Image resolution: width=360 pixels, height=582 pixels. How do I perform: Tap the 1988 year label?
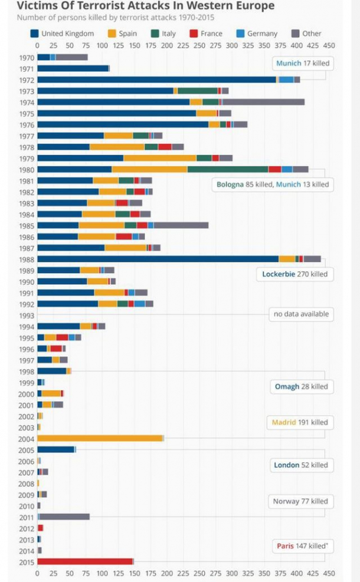(x=27, y=259)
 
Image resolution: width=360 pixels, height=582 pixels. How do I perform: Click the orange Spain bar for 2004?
(x=99, y=438)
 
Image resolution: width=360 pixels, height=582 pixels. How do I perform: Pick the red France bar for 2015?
(x=84, y=561)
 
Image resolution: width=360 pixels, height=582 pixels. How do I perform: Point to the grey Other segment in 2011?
(x=65, y=517)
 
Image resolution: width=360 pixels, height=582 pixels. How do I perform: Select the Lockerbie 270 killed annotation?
(x=294, y=274)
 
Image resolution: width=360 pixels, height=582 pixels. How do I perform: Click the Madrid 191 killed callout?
(x=299, y=422)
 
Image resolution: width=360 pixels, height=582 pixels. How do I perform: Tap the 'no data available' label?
(x=300, y=314)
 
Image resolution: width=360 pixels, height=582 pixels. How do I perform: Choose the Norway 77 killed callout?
(x=300, y=501)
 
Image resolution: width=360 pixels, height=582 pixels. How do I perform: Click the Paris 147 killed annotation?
(x=302, y=546)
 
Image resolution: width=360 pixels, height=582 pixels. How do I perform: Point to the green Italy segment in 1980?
(x=228, y=169)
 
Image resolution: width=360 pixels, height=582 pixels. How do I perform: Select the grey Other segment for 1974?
(x=263, y=102)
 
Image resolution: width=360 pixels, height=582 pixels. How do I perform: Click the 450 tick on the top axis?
(x=329, y=45)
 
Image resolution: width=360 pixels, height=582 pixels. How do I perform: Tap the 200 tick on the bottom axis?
(x=166, y=573)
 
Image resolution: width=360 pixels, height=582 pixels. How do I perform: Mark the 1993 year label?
(x=27, y=315)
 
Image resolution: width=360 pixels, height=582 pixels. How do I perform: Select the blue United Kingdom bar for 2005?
(x=55, y=449)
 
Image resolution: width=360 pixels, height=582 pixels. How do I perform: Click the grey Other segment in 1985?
(x=181, y=225)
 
